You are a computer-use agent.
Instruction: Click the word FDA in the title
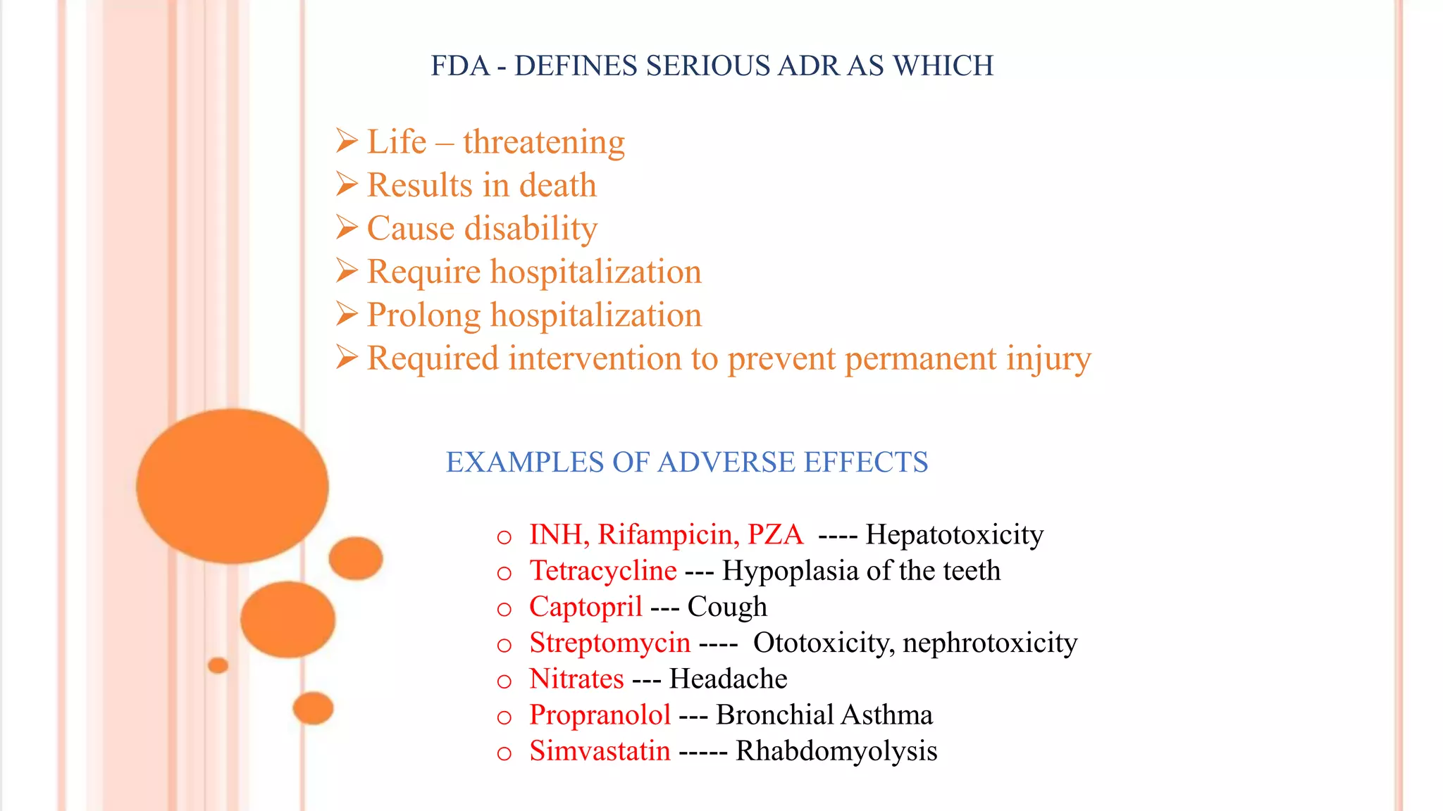[x=459, y=66]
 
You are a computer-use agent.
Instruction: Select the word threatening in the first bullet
[x=544, y=142]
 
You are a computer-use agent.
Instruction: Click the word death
[x=557, y=186]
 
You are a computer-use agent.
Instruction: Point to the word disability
[x=531, y=229]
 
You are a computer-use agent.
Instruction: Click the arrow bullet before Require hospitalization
[x=347, y=271]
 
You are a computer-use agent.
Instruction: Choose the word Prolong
[x=423, y=315]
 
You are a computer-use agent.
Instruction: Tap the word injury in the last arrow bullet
[x=1048, y=359]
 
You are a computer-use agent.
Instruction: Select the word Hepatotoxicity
[x=954, y=535]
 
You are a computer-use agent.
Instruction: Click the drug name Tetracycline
[x=603, y=571]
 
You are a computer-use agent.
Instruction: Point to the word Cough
[x=727, y=607]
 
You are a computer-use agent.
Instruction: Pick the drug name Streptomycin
[x=609, y=643]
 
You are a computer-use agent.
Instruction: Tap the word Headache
[x=728, y=679]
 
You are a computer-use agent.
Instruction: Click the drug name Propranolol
[x=600, y=715]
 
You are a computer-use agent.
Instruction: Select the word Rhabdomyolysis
[x=836, y=751]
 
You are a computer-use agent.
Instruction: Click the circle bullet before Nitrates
[x=504, y=681]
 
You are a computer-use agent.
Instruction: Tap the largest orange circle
[x=232, y=486]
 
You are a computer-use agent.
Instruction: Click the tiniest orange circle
[x=218, y=665]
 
